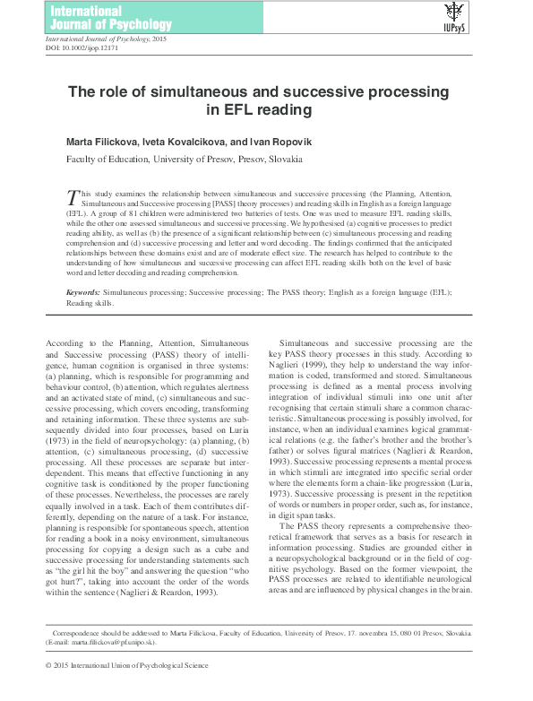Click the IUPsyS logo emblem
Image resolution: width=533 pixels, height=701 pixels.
(x=455, y=13)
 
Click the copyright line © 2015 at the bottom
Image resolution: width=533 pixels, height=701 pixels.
(x=126, y=690)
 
